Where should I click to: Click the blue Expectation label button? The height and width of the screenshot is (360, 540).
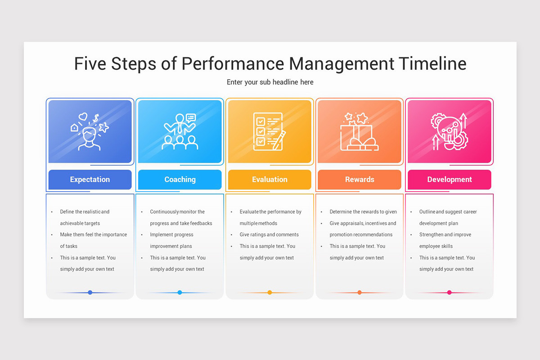[x=90, y=180]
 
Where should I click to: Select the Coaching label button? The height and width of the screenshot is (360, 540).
[x=180, y=180]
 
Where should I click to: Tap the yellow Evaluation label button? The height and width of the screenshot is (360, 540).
[x=270, y=180]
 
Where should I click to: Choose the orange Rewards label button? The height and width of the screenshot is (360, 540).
[x=360, y=180]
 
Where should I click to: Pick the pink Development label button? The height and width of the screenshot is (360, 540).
[x=449, y=180]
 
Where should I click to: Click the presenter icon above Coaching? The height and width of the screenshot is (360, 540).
[x=180, y=131]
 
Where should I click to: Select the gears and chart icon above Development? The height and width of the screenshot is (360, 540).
[x=449, y=131]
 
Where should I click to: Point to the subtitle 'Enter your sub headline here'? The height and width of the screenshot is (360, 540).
[x=270, y=82]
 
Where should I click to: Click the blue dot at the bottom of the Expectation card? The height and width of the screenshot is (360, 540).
[x=90, y=292]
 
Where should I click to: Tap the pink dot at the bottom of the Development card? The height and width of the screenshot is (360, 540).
[x=449, y=292]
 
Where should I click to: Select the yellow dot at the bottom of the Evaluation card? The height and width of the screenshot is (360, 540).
[x=270, y=292]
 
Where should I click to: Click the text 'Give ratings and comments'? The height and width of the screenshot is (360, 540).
[x=269, y=235]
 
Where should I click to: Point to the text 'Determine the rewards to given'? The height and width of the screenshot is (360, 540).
[x=363, y=212]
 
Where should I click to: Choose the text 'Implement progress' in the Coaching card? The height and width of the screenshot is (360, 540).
[x=171, y=235]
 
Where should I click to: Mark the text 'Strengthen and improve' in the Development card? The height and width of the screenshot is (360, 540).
[x=445, y=235]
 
